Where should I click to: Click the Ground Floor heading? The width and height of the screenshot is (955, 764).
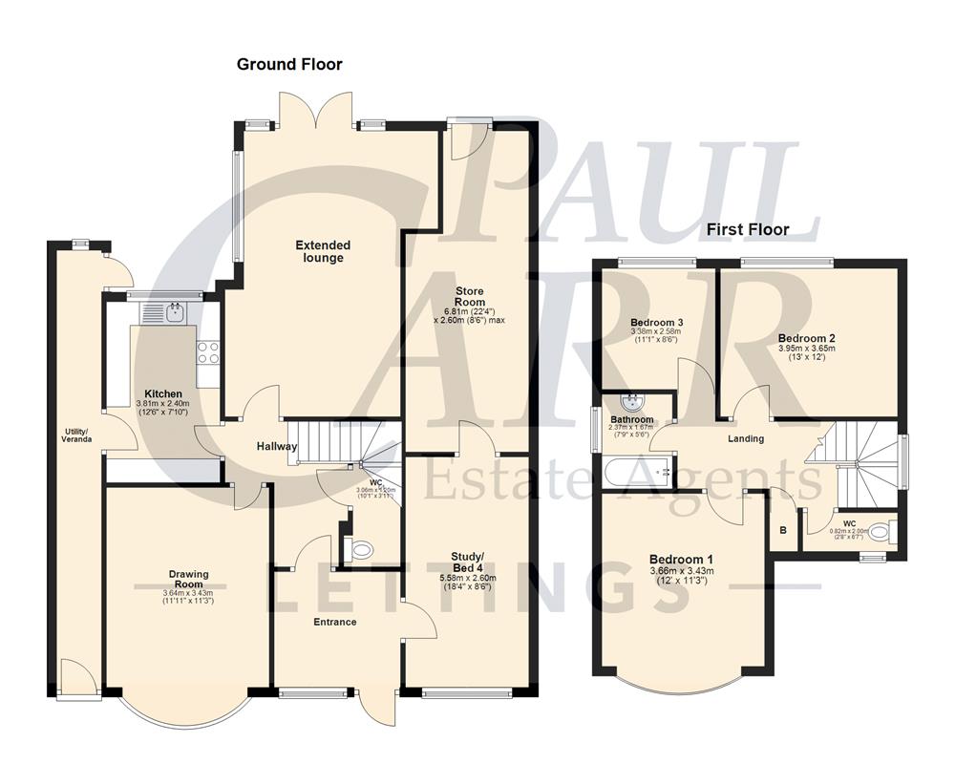tap(289, 65)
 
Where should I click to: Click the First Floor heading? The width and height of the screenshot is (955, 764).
tap(747, 229)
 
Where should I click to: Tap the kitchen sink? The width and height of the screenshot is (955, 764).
tap(175, 311)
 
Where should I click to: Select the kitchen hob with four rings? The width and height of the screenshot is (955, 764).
tap(208, 352)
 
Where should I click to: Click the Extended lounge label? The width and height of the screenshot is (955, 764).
tap(323, 251)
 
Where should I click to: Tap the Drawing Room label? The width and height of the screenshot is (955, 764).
tap(188, 579)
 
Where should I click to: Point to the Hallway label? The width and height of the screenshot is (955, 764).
tap(276, 446)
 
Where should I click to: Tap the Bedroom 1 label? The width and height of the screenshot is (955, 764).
tap(681, 559)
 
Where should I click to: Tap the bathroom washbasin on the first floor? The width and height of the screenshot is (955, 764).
tap(630, 402)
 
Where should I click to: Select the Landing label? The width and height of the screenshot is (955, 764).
tap(746, 438)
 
